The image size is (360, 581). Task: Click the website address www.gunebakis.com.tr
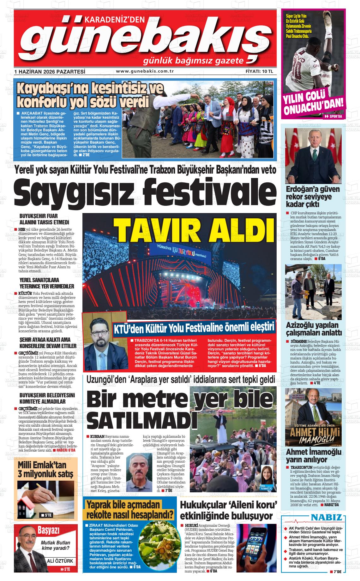145,71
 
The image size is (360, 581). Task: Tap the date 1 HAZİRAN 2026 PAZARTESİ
50,72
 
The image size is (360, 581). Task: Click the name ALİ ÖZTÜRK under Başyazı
60,561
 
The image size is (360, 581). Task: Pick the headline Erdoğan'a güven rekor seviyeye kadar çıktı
313,197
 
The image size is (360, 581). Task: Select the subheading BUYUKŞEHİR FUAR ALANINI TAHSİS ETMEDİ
45,219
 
